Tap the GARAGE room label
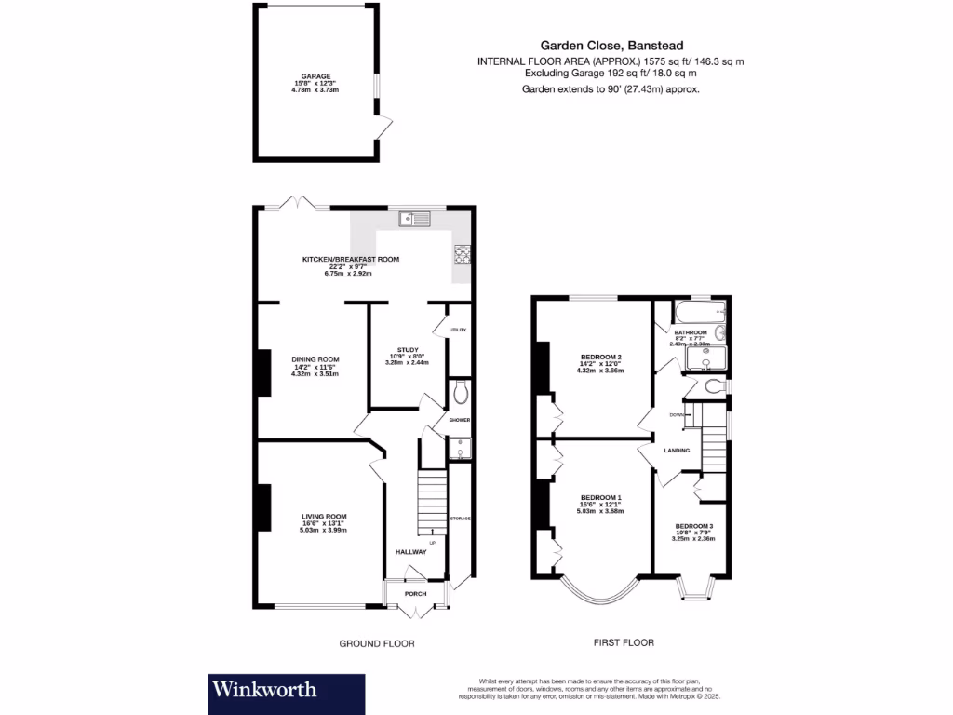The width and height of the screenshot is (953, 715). [x=315, y=76]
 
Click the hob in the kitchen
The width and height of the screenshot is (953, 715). [x=462, y=254]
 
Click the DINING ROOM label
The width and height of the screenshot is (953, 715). [x=315, y=358]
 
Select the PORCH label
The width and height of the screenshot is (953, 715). [x=415, y=593]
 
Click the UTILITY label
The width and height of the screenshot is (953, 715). [x=457, y=330]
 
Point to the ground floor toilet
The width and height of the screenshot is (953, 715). [x=459, y=395]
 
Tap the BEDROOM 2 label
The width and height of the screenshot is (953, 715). [x=600, y=357]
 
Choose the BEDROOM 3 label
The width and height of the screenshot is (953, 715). [x=693, y=524]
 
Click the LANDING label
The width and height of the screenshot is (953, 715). [x=677, y=451]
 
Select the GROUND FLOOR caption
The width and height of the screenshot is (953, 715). [x=377, y=643]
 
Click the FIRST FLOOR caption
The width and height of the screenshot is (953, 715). [x=624, y=642]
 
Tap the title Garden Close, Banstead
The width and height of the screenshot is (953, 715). [x=610, y=45]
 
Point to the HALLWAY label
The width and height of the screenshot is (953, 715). [x=410, y=552]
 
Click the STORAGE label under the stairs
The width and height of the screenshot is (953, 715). [x=460, y=518]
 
